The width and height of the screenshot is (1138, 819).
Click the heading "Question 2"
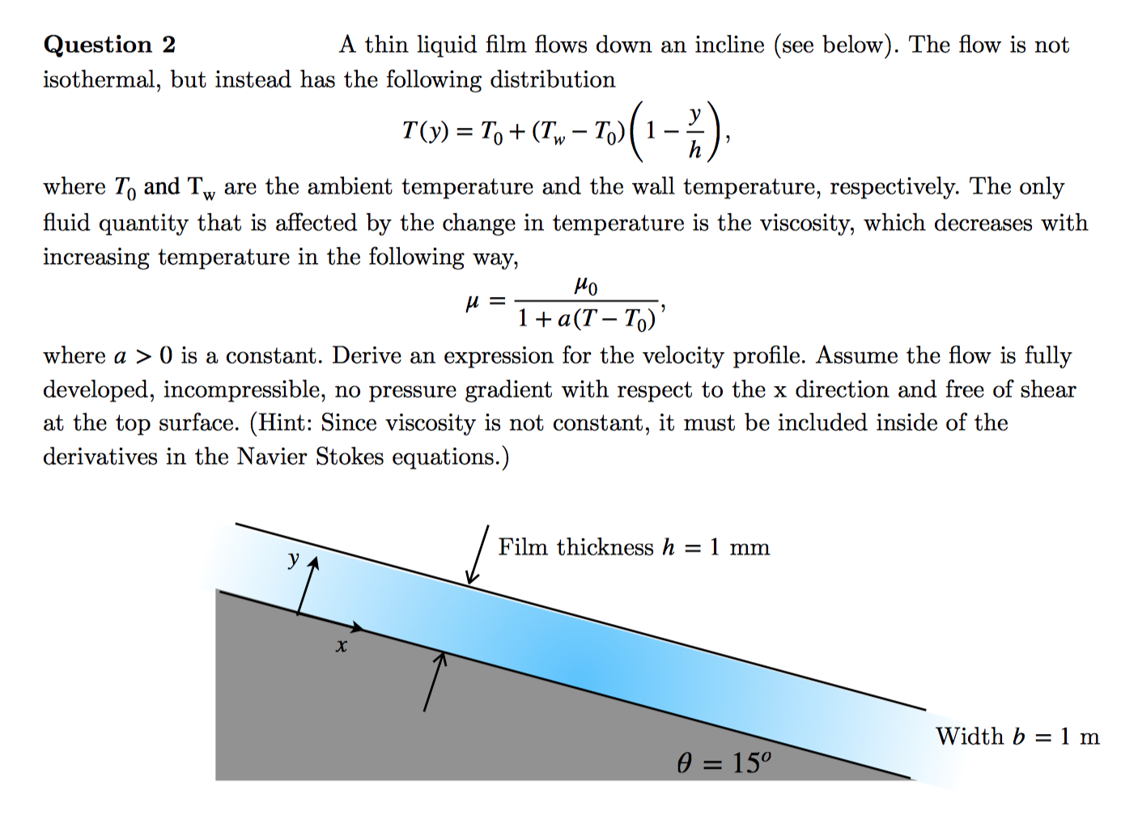[109, 45]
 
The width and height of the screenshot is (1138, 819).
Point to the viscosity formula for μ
[567, 303]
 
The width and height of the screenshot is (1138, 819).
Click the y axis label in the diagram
[293, 558]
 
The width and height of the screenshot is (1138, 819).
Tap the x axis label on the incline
[342, 646]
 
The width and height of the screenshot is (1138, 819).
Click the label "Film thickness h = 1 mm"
[633, 548]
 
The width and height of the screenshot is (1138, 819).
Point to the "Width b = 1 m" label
[1017, 736]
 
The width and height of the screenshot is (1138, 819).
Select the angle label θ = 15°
[724, 762]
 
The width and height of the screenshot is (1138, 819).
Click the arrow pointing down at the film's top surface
[478, 555]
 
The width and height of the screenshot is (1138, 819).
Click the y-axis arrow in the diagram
[306, 586]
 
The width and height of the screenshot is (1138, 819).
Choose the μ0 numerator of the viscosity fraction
[586, 286]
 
